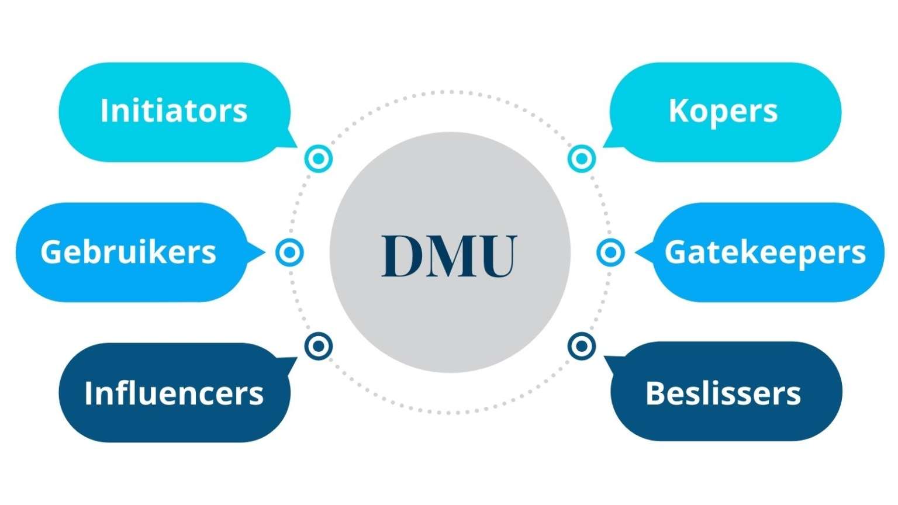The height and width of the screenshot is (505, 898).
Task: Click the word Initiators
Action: [x=174, y=110]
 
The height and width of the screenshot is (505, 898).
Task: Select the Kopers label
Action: [x=723, y=110]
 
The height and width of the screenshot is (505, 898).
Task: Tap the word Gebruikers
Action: [x=128, y=252]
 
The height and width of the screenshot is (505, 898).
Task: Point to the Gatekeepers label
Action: [x=765, y=252]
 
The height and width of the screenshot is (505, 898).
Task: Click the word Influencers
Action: [x=174, y=393]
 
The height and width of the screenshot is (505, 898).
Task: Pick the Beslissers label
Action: [x=723, y=393]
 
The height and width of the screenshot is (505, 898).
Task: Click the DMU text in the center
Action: [x=449, y=256]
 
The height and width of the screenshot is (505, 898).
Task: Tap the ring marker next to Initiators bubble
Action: [x=319, y=158]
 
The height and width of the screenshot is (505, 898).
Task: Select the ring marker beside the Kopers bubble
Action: [x=581, y=158]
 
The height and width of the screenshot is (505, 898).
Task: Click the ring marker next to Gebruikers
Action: [x=289, y=252]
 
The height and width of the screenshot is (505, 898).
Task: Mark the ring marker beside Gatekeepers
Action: [x=610, y=252]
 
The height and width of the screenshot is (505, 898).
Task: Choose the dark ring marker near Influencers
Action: [x=319, y=346]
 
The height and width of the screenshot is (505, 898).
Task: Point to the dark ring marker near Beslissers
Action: [x=581, y=346]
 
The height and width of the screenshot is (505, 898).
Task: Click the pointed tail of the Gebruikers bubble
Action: [x=257, y=252]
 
